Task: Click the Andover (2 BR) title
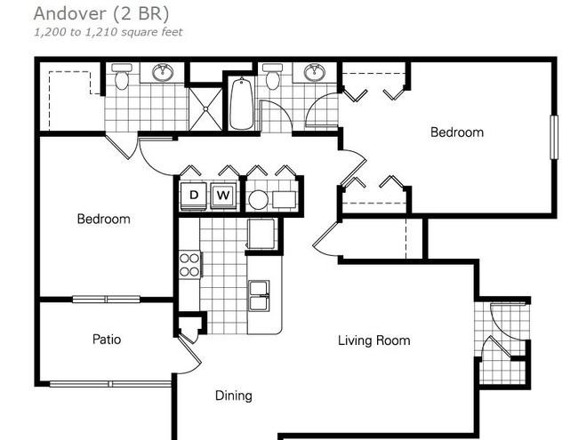101,14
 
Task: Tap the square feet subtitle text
108,32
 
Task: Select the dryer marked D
194,196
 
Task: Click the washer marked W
223,196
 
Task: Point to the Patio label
107,339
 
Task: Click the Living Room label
373,340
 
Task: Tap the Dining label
234,396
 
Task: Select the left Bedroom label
103,219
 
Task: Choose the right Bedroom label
457,132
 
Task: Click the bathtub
242,103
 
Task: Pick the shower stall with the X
205,108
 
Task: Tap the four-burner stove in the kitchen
189,265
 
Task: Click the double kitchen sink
259,296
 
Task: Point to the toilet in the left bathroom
121,76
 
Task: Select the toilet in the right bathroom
273,76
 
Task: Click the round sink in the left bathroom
163,72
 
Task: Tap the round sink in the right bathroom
315,72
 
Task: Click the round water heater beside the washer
258,200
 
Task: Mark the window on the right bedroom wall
554,137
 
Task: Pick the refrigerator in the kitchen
261,234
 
